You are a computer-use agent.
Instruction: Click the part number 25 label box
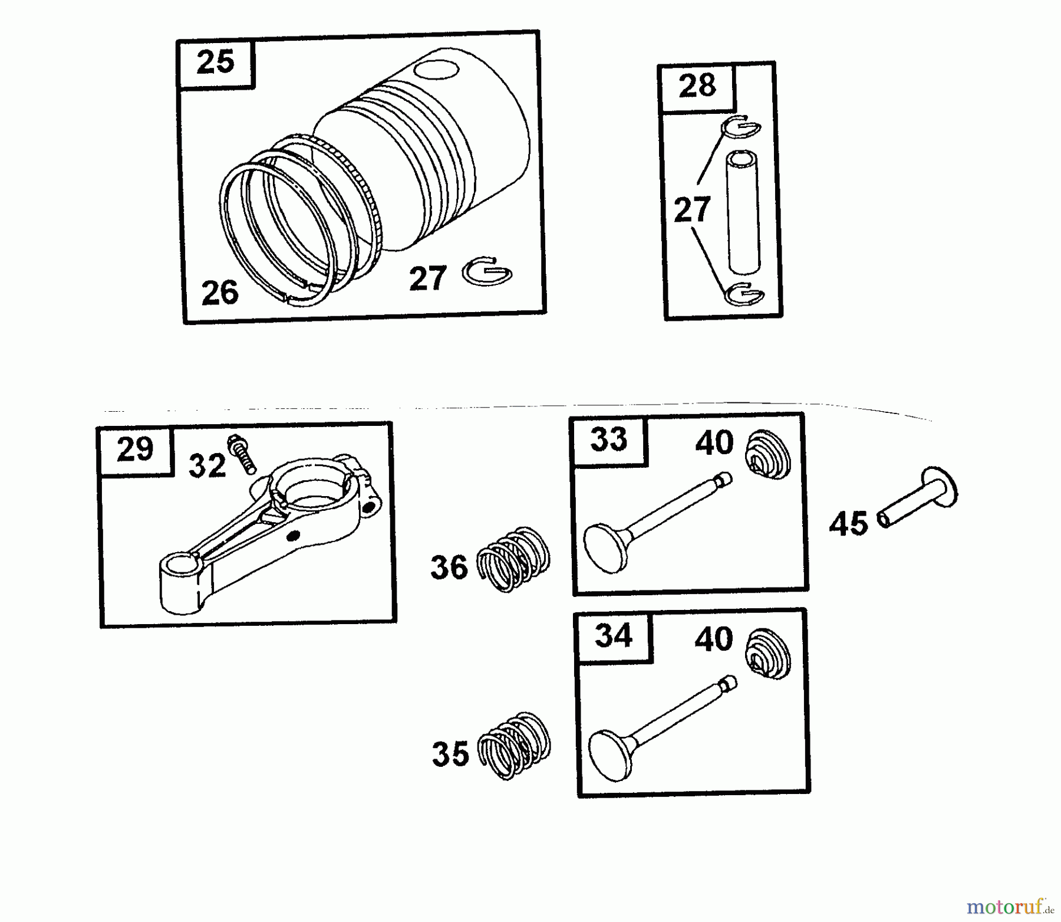[x=216, y=63]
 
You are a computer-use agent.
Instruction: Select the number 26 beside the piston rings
[x=220, y=293]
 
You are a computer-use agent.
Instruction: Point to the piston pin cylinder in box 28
[x=743, y=213]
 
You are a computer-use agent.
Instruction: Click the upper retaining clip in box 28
[x=742, y=127]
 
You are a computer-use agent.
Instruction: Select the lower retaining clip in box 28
[x=744, y=294]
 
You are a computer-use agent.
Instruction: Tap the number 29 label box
[x=136, y=451]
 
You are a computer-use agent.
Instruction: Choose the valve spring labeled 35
[x=513, y=746]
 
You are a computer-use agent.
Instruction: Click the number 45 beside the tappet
[x=848, y=524]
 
